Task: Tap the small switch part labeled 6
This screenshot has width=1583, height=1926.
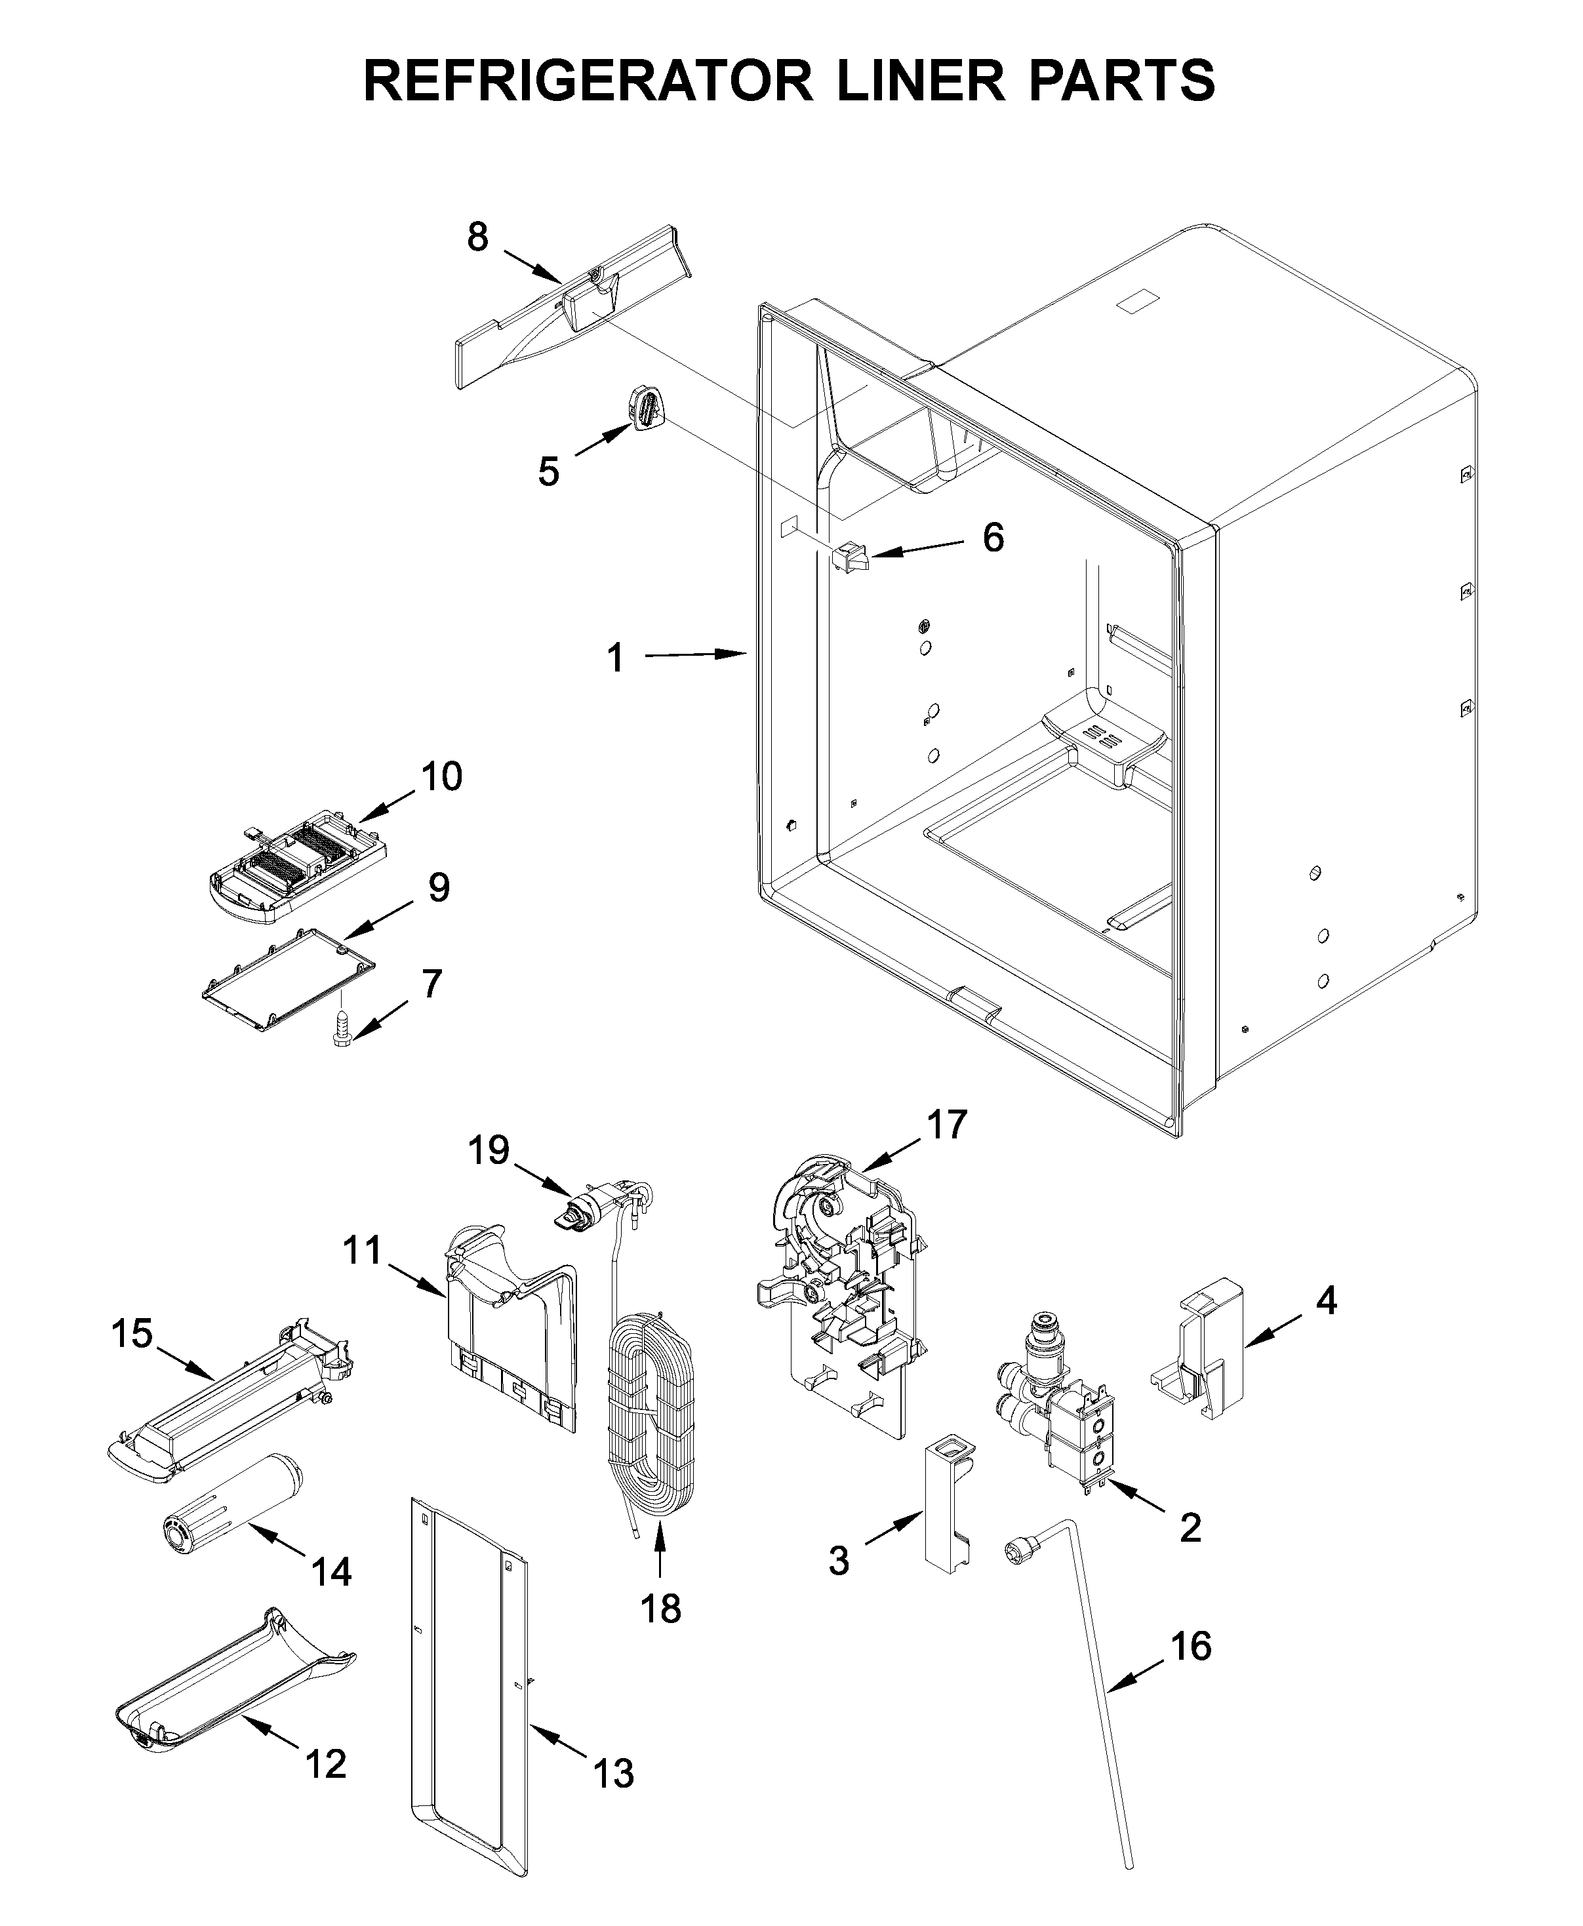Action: coord(849,555)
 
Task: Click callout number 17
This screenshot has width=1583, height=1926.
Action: coord(946,1125)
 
